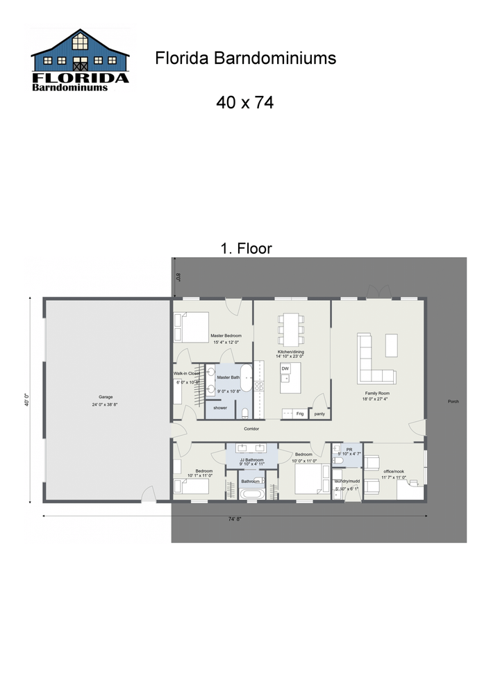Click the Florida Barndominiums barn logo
[x=81, y=60]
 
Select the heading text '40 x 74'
[x=244, y=103]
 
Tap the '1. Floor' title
[x=246, y=248]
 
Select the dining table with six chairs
[x=291, y=329]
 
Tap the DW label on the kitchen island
[x=285, y=368]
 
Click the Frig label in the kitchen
[x=300, y=414]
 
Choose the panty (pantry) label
[x=319, y=414]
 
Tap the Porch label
[x=453, y=402]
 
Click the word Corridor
[x=251, y=429]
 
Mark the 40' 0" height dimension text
[x=27, y=401]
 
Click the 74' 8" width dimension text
[x=234, y=518]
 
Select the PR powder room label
[x=349, y=449]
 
